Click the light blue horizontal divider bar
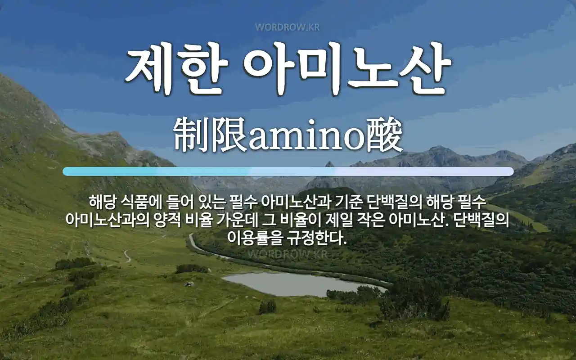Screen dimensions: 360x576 (x=288, y=171)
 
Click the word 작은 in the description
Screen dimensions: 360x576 (x=373, y=220)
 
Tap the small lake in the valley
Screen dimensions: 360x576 (x=297, y=284)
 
